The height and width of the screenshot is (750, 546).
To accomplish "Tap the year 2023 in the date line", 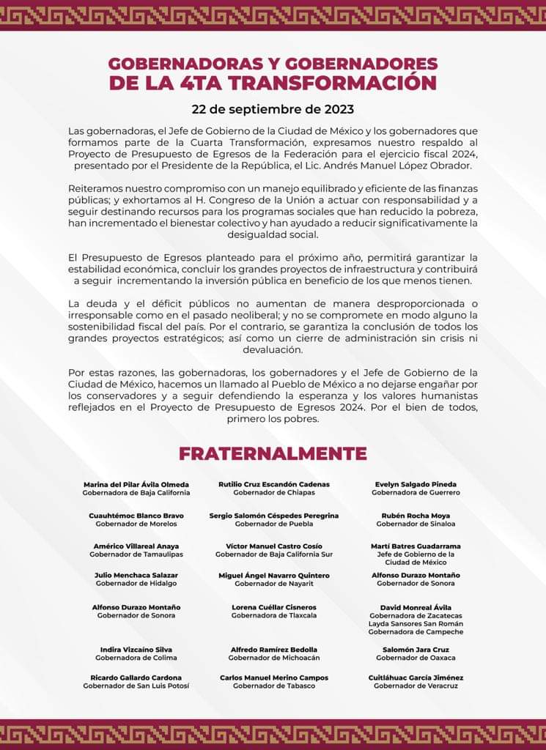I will (x=339, y=109).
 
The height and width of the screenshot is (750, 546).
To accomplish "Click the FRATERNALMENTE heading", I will (x=273, y=453).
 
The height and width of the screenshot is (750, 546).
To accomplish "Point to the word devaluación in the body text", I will (x=273, y=351).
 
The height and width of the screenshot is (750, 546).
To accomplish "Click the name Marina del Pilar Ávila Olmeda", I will (x=136, y=484).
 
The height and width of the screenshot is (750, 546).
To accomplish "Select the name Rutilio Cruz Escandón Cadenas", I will (x=274, y=484).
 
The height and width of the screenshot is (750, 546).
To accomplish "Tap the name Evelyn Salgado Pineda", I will (x=416, y=484).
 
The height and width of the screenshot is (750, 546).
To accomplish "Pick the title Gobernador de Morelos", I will (x=136, y=524).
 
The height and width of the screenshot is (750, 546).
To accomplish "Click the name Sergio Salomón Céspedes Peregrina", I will (x=274, y=516).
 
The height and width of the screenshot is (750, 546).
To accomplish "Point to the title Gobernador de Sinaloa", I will (x=416, y=524).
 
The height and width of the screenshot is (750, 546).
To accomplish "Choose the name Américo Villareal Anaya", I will (x=136, y=546).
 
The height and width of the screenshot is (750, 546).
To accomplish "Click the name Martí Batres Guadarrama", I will (x=416, y=546).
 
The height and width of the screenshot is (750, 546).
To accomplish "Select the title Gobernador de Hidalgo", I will (x=136, y=584).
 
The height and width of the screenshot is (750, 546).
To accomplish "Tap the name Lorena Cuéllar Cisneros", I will (x=274, y=607).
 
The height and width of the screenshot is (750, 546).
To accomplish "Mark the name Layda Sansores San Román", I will (x=416, y=623).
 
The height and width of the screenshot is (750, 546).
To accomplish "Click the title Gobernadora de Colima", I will (x=136, y=658).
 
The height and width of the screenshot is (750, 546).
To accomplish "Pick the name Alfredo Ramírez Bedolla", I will (x=274, y=650).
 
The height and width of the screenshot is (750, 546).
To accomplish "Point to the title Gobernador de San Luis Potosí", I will (x=136, y=686).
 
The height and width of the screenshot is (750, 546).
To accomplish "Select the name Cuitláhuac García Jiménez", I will (x=416, y=678).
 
